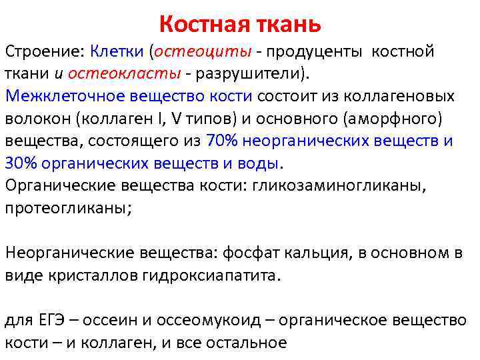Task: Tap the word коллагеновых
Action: (x=401, y=96)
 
